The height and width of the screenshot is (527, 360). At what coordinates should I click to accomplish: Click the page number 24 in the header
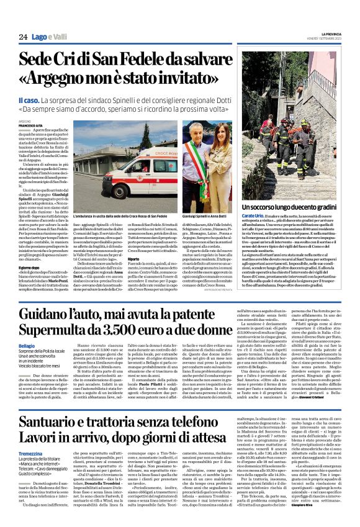(22, 38)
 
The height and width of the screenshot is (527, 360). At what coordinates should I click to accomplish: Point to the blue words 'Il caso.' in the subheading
(29, 101)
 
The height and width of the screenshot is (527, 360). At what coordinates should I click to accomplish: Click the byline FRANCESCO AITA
(32, 125)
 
